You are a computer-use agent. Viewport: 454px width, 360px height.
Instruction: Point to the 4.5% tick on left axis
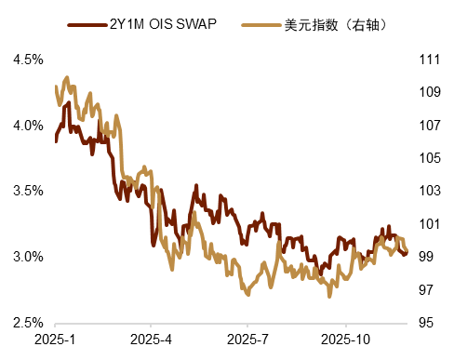pos(27,60)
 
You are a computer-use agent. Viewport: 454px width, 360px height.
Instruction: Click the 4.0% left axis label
pos(27,126)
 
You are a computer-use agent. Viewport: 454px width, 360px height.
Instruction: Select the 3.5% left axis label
pos(27,191)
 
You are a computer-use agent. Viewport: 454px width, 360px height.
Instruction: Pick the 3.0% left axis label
pos(27,257)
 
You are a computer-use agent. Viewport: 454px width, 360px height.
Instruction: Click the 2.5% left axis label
pos(27,323)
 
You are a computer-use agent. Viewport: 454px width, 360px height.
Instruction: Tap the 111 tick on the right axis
pos(429,60)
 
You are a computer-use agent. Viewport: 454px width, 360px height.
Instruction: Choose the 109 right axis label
pos(429,92)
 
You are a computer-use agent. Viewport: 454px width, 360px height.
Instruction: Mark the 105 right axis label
pos(429,158)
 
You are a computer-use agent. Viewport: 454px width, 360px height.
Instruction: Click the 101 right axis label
pos(429,224)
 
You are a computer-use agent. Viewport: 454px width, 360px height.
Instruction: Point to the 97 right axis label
pos(429,290)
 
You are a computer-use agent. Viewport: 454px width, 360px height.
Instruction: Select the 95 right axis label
pos(429,323)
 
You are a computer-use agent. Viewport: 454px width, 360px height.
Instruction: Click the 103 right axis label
pos(429,191)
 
